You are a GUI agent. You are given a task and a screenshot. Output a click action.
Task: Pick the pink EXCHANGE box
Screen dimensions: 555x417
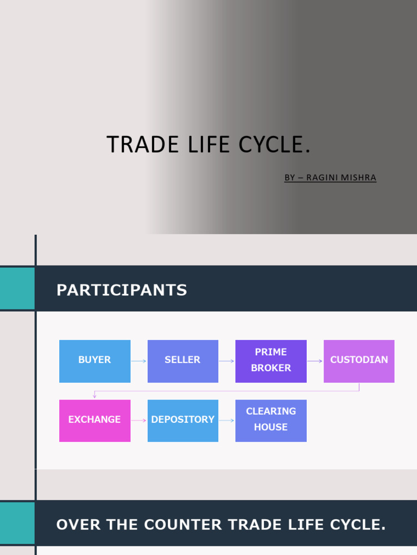(94, 421)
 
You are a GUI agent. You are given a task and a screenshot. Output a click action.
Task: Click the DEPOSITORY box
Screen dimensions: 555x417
(182, 421)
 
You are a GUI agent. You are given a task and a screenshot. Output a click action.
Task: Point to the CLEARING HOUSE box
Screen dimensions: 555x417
(270, 421)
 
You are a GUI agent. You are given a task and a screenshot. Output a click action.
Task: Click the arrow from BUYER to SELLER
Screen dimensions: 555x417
(139, 361)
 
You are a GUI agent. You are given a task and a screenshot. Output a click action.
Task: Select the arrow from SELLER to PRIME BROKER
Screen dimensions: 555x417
(226, 361)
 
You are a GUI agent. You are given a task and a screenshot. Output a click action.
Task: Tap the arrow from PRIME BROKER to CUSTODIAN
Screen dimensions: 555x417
(315, 361)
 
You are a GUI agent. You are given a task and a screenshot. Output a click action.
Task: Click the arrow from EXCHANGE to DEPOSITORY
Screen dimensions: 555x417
(139, 421)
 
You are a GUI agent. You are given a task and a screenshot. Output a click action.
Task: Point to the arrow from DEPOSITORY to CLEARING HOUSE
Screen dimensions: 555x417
(226, 421)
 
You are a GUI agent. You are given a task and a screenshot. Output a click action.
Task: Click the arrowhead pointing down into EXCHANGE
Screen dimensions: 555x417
(94, 396)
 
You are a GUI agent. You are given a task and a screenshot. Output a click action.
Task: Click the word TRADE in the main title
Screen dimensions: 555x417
(142, 145)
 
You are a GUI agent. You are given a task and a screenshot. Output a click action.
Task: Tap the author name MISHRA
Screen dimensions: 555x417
(357, 178)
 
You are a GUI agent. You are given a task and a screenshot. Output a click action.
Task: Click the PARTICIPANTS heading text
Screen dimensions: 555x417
(122, 291)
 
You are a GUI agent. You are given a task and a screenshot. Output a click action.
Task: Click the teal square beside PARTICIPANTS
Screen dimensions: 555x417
(17, 288)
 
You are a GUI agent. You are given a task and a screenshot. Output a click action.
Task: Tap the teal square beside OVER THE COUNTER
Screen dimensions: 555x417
(17, 523)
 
